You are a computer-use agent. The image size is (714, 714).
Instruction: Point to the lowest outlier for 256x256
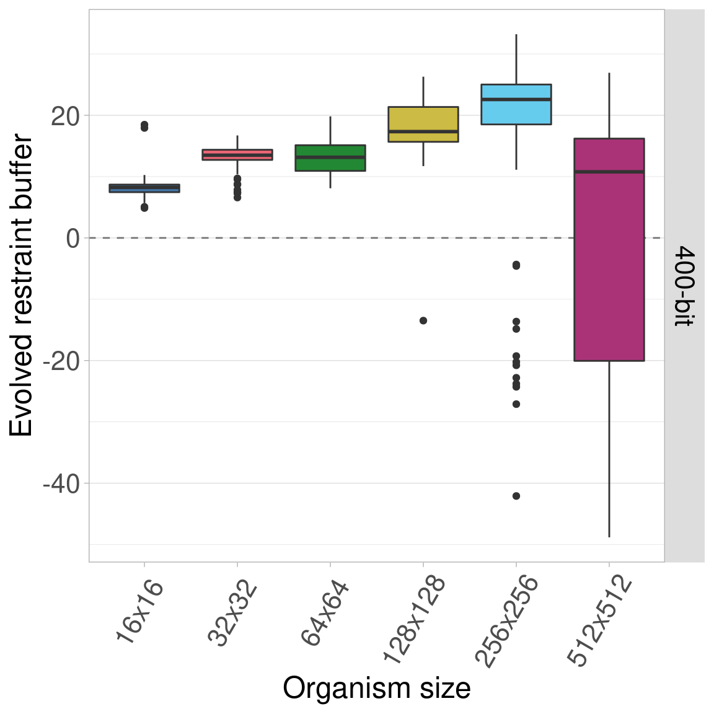tap(516, 496)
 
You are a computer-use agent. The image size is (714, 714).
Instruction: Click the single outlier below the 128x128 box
tap(423, 320)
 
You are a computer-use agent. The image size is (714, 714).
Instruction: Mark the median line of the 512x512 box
tap(609, 172)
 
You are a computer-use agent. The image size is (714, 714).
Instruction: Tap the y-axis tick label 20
tap(66, 117)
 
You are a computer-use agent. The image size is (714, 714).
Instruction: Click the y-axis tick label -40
tap(61, 484)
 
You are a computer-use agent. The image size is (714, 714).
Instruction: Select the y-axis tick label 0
tap(73, 239)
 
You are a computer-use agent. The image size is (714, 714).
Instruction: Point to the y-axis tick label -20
tap(61, 361)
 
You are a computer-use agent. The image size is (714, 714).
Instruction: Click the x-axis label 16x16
tap(140, 611)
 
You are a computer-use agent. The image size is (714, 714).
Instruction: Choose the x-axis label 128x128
tap(414, 620)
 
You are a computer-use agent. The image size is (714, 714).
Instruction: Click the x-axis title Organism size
tap(377, 689)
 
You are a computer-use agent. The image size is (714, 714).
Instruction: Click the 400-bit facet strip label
tap(684, 286)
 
